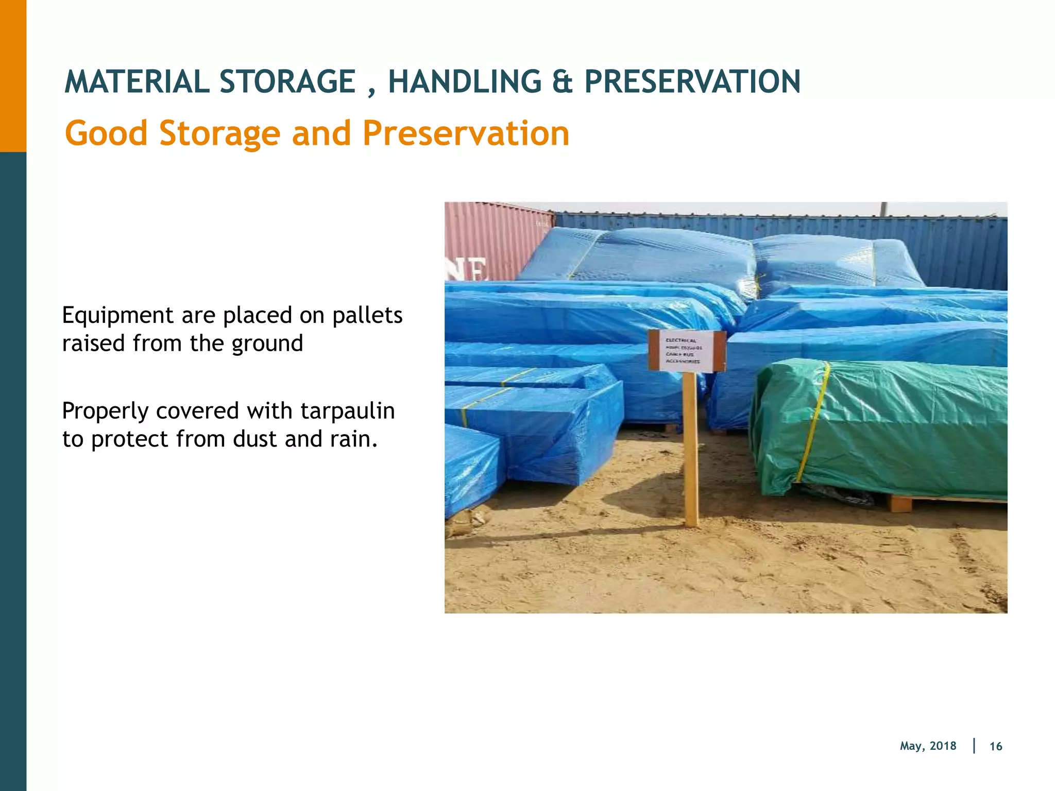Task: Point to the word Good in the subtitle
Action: point(106,133)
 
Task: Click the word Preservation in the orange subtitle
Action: point(466,133)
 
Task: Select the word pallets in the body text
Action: point(367,315)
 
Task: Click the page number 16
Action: point(995,746)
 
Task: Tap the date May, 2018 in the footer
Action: point(928,746)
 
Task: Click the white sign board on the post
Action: point(687,351)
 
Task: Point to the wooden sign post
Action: point(690,453)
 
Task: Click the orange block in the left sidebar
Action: point(13,76)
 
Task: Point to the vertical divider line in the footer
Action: point(974,746)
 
